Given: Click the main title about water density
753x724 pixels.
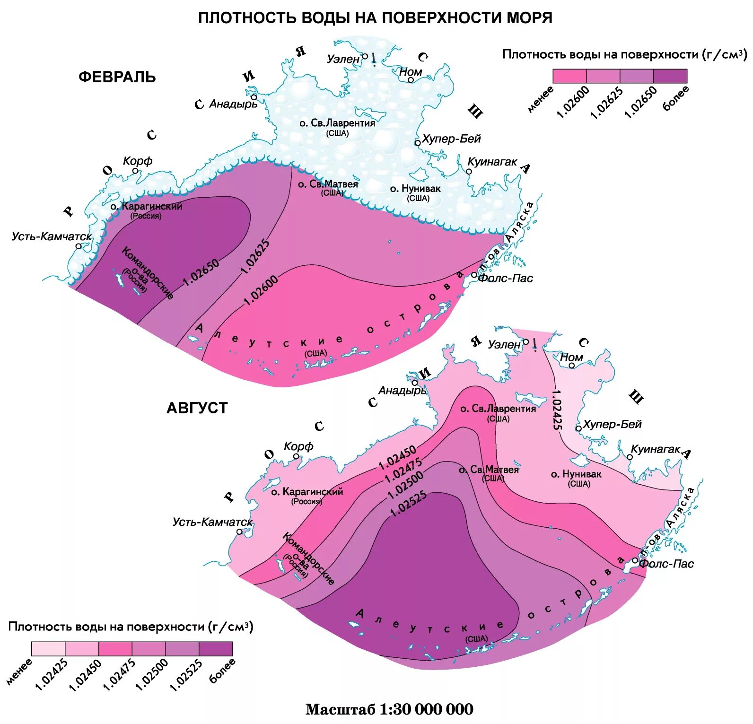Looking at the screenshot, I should [375, 18].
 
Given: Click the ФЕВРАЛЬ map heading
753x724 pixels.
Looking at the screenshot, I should [117, 77].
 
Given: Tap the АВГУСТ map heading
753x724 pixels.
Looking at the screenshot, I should [197, 408].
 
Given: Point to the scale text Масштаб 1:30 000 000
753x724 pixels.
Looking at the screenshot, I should [389, 709].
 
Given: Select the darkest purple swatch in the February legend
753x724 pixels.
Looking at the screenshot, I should [670, 76].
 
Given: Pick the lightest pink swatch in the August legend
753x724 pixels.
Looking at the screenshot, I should [48, 648].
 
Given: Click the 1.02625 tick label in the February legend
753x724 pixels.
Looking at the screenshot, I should [606, 103].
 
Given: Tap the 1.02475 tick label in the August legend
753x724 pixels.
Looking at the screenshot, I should [119, 675].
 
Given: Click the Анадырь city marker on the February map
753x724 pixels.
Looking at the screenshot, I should [254, 97].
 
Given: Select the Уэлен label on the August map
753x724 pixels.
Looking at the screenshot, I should [504, 344].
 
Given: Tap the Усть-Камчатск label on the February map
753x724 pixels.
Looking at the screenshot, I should [52, 236].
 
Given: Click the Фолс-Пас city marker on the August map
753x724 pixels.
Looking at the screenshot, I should [635, 560].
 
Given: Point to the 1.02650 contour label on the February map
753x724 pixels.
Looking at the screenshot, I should [201, 272].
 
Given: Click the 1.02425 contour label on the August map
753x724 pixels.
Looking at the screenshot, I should [557, 410].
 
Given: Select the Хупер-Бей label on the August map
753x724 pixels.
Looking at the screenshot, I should [612, 424].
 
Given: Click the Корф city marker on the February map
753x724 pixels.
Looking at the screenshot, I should [135, 171].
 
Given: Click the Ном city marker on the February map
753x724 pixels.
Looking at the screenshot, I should [411, 80].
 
